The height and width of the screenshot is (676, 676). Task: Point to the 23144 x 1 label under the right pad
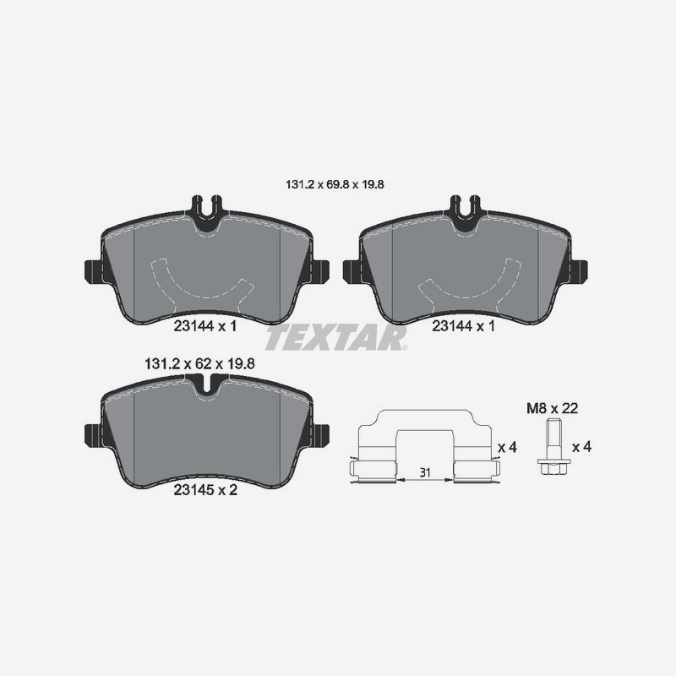[461, 324]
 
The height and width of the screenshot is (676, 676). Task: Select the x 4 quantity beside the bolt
[581, 446]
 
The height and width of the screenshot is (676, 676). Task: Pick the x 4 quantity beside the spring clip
[507, 446]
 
